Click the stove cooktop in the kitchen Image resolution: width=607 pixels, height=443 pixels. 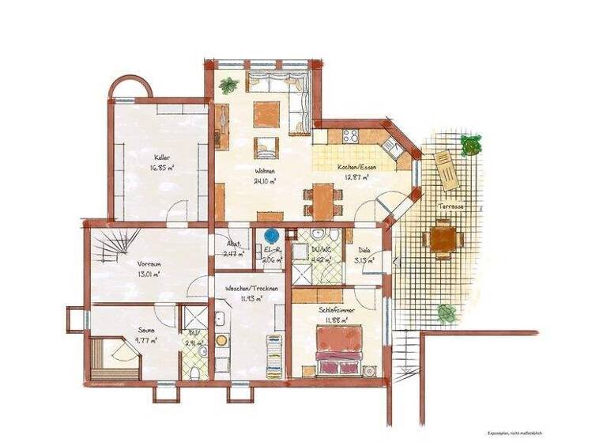350,136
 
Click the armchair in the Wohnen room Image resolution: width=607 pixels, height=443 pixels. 266,146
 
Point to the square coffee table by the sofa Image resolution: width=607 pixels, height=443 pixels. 266,113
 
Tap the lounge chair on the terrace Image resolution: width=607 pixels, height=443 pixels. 445,169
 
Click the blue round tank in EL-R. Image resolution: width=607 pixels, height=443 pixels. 273,236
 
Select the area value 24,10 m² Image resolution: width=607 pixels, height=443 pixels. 264,181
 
